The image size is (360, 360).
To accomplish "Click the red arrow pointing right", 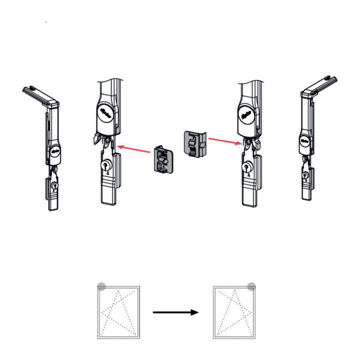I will coord(223,141).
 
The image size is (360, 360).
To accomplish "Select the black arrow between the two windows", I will coord(175,312).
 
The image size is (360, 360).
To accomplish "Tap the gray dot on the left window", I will coord(101,287).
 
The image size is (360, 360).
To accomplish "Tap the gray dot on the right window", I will coord(251,287).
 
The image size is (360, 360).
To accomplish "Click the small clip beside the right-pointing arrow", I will coord(194,145).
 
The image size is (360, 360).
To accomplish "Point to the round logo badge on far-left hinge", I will coord(55,152).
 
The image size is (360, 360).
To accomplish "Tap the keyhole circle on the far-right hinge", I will coord(306,176).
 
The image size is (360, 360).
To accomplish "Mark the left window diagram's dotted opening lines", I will coord(118,312).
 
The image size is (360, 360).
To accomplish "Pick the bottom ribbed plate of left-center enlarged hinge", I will coord(108,191).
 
